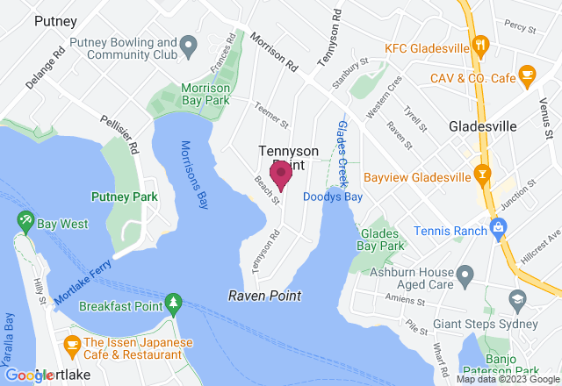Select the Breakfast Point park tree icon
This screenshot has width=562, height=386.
(173, 304)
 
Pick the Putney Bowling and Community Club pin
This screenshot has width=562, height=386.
(187, 43)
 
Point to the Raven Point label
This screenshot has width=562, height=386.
(264, 296)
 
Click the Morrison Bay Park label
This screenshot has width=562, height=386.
(205, 95)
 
